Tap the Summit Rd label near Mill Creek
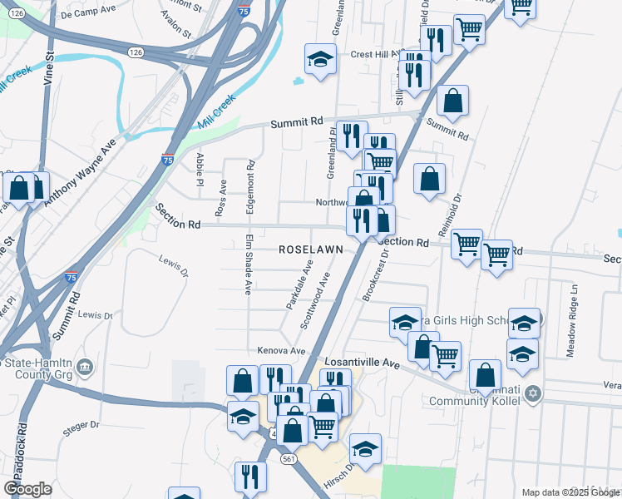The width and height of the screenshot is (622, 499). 296,122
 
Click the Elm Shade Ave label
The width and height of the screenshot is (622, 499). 248,264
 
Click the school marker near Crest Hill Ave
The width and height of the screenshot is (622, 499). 320,60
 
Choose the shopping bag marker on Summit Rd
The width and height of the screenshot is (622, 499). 452,101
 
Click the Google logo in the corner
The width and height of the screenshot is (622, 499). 27,489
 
